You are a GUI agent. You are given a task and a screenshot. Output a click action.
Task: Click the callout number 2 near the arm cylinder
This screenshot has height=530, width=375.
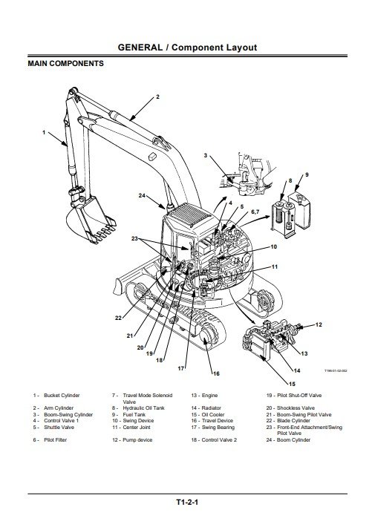(157, 97)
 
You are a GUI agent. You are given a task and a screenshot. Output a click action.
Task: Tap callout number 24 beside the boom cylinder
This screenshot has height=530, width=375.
(142, 195)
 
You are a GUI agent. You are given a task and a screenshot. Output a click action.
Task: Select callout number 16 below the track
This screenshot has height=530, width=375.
(216, 373)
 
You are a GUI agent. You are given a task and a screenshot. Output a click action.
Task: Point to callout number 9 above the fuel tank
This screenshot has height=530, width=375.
(307, 174)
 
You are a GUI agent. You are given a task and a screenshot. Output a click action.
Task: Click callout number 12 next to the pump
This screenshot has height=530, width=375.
(319, 325)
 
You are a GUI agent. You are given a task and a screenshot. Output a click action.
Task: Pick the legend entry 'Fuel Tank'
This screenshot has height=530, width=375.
(134, 414)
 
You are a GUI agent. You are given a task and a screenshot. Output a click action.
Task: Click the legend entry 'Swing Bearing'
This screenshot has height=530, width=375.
(218, 428)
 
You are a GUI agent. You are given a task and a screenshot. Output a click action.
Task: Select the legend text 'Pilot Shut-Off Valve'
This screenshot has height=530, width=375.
(299, 395)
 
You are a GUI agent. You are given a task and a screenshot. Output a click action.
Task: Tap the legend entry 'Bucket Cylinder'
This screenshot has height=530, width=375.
(62, 395)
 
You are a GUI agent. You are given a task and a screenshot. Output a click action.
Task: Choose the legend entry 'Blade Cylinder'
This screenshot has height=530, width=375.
(293, 420)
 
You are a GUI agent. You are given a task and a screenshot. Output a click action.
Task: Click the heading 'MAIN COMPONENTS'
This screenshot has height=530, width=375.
(65, 64)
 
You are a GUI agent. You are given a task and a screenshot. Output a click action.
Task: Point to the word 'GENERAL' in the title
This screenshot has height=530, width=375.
(140, 48)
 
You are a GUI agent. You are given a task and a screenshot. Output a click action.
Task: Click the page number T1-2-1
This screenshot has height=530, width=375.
(187, 502)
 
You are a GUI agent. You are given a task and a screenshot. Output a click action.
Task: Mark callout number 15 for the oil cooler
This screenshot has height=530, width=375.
(292, 384)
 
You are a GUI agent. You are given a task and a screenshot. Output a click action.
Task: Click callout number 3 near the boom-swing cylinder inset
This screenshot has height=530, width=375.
(205, 155)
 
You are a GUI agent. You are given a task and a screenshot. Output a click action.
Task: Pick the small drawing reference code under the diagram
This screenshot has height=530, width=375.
(336, 371)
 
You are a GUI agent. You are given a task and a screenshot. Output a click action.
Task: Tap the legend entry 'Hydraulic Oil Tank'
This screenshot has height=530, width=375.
(144, 408)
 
